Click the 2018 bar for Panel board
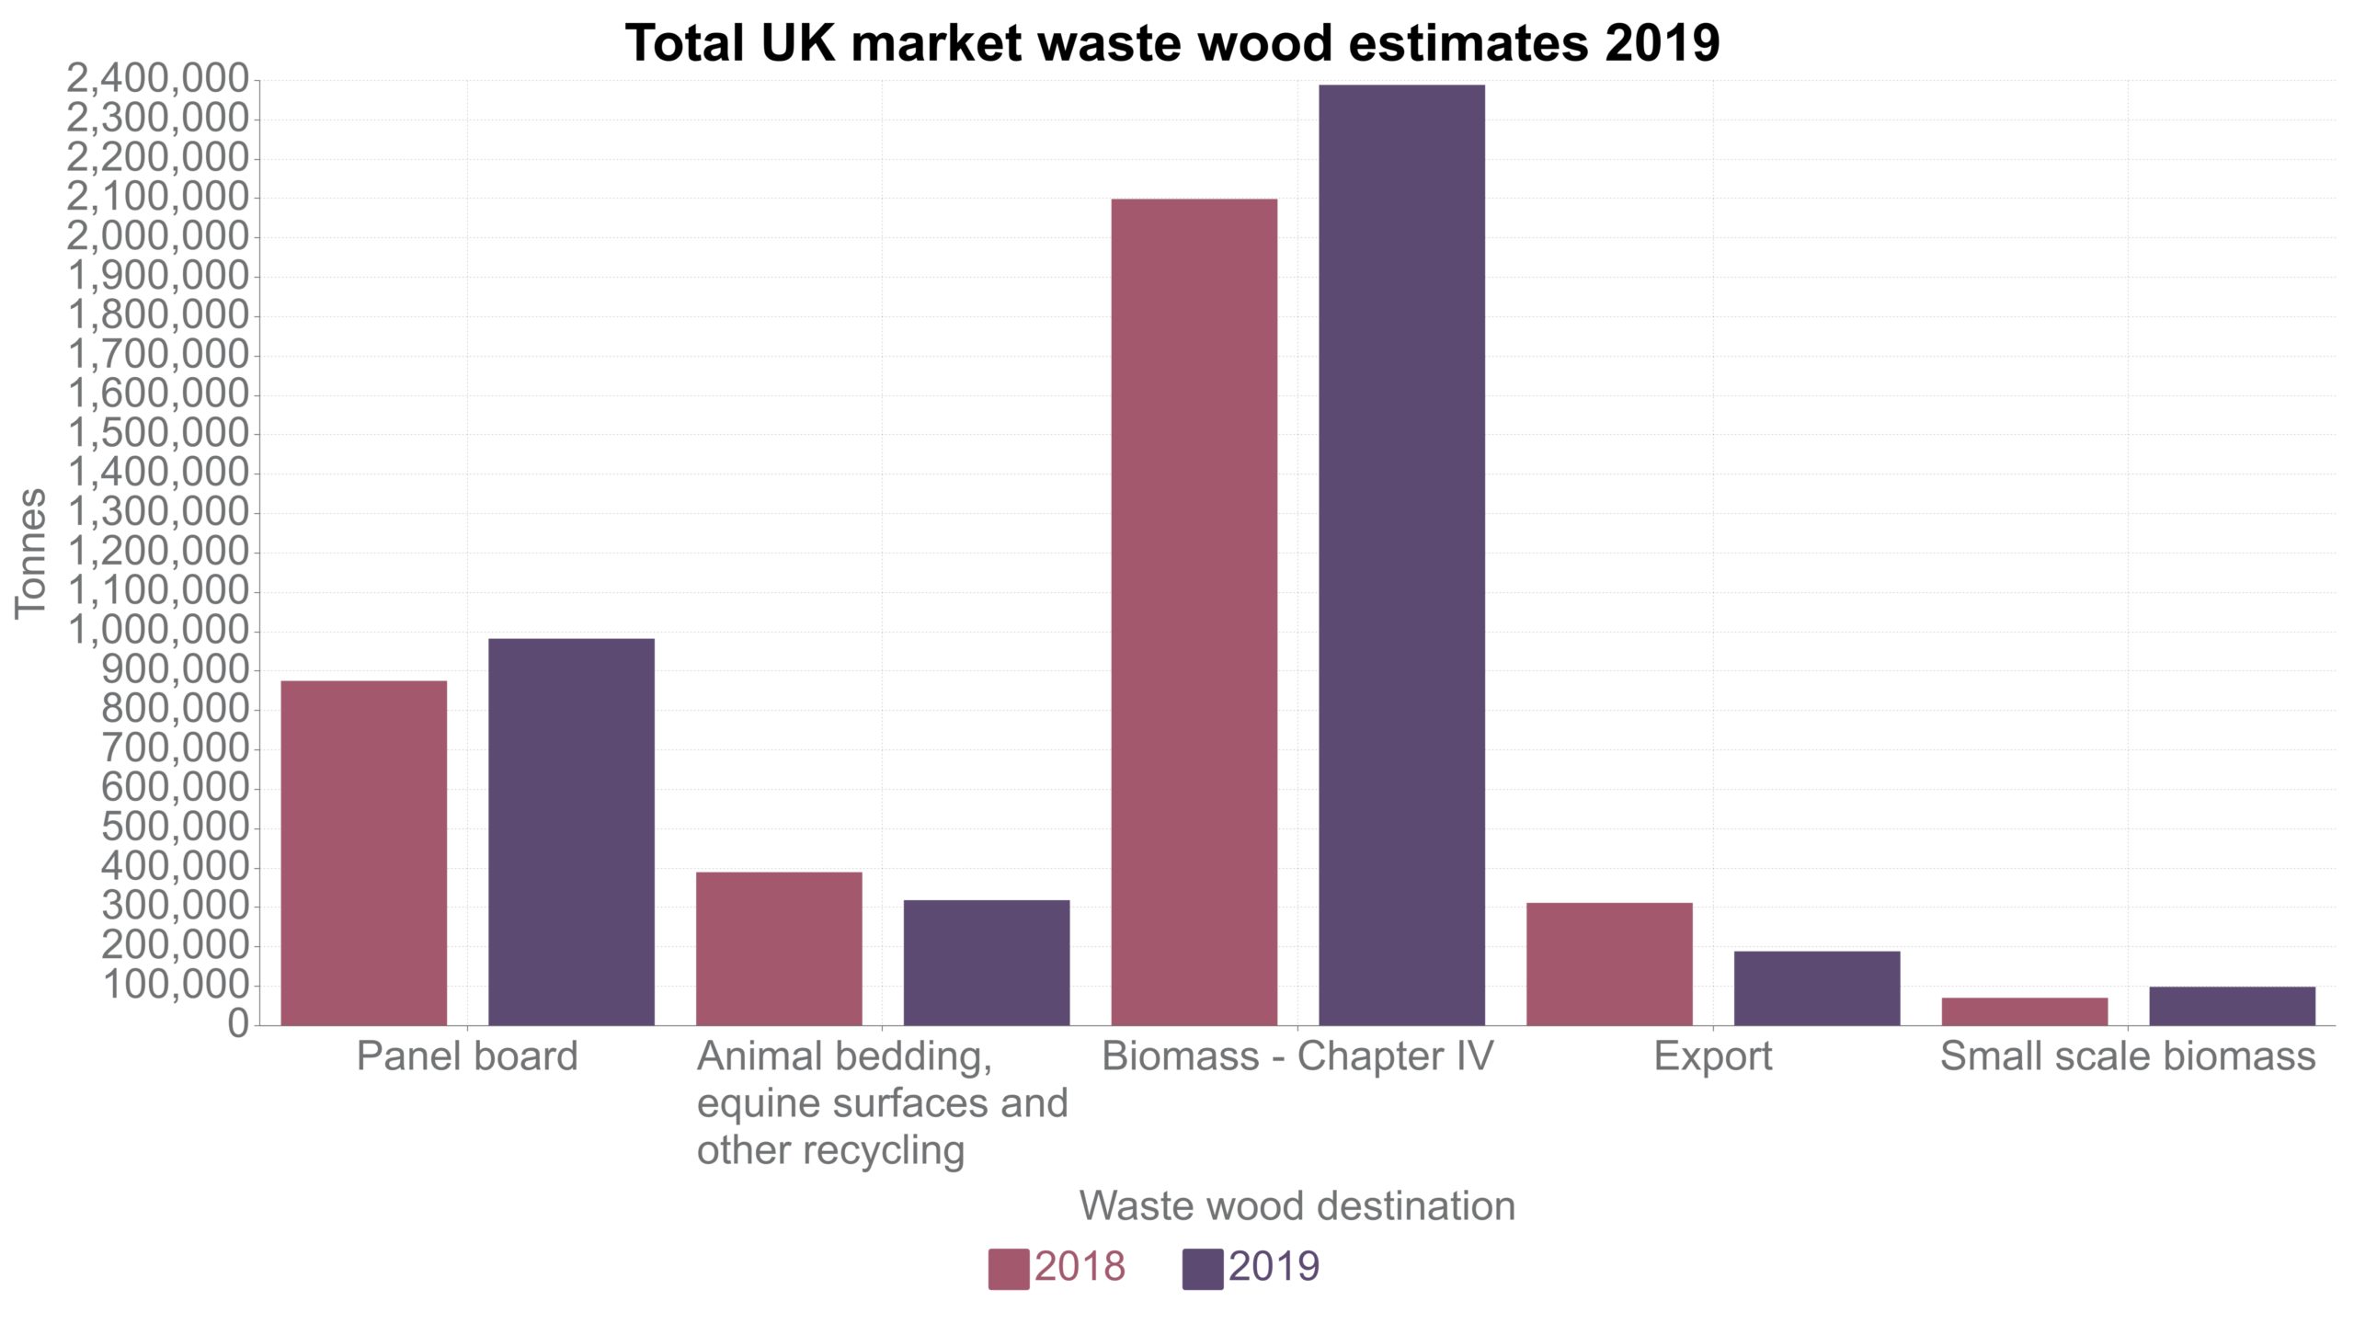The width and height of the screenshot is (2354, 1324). pos(363,852)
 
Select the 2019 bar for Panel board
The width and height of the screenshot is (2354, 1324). pos(571,831)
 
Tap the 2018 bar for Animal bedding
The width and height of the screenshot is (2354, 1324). pos(779,948)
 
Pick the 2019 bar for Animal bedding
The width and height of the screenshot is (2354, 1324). pos(987,962)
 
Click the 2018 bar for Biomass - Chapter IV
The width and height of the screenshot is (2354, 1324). pos(1194,611)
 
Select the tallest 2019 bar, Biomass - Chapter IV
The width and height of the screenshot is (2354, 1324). pos(1401,554)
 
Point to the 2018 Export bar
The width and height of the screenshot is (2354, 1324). pos(1609,964)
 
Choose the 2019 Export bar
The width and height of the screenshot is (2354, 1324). pos(1817,987)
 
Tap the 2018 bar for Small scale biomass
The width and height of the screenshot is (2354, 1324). pos(2025,1010)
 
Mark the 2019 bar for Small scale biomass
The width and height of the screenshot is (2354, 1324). pos(2232,1005)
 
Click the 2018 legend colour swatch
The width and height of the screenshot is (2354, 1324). pos(1008,1269)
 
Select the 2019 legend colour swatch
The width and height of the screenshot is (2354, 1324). pos(1202,1269)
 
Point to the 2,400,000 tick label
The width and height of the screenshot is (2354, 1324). pos(157,80)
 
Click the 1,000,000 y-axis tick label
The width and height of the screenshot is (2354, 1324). pos(157,631)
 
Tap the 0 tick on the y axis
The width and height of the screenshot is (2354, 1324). pos(238,1023)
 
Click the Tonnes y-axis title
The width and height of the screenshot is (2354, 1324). pos(30,553)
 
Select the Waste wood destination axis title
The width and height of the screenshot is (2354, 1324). pos(1297,1205)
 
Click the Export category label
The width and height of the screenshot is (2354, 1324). pos(1712,1056)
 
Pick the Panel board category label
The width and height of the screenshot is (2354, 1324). pos(467,1056)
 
